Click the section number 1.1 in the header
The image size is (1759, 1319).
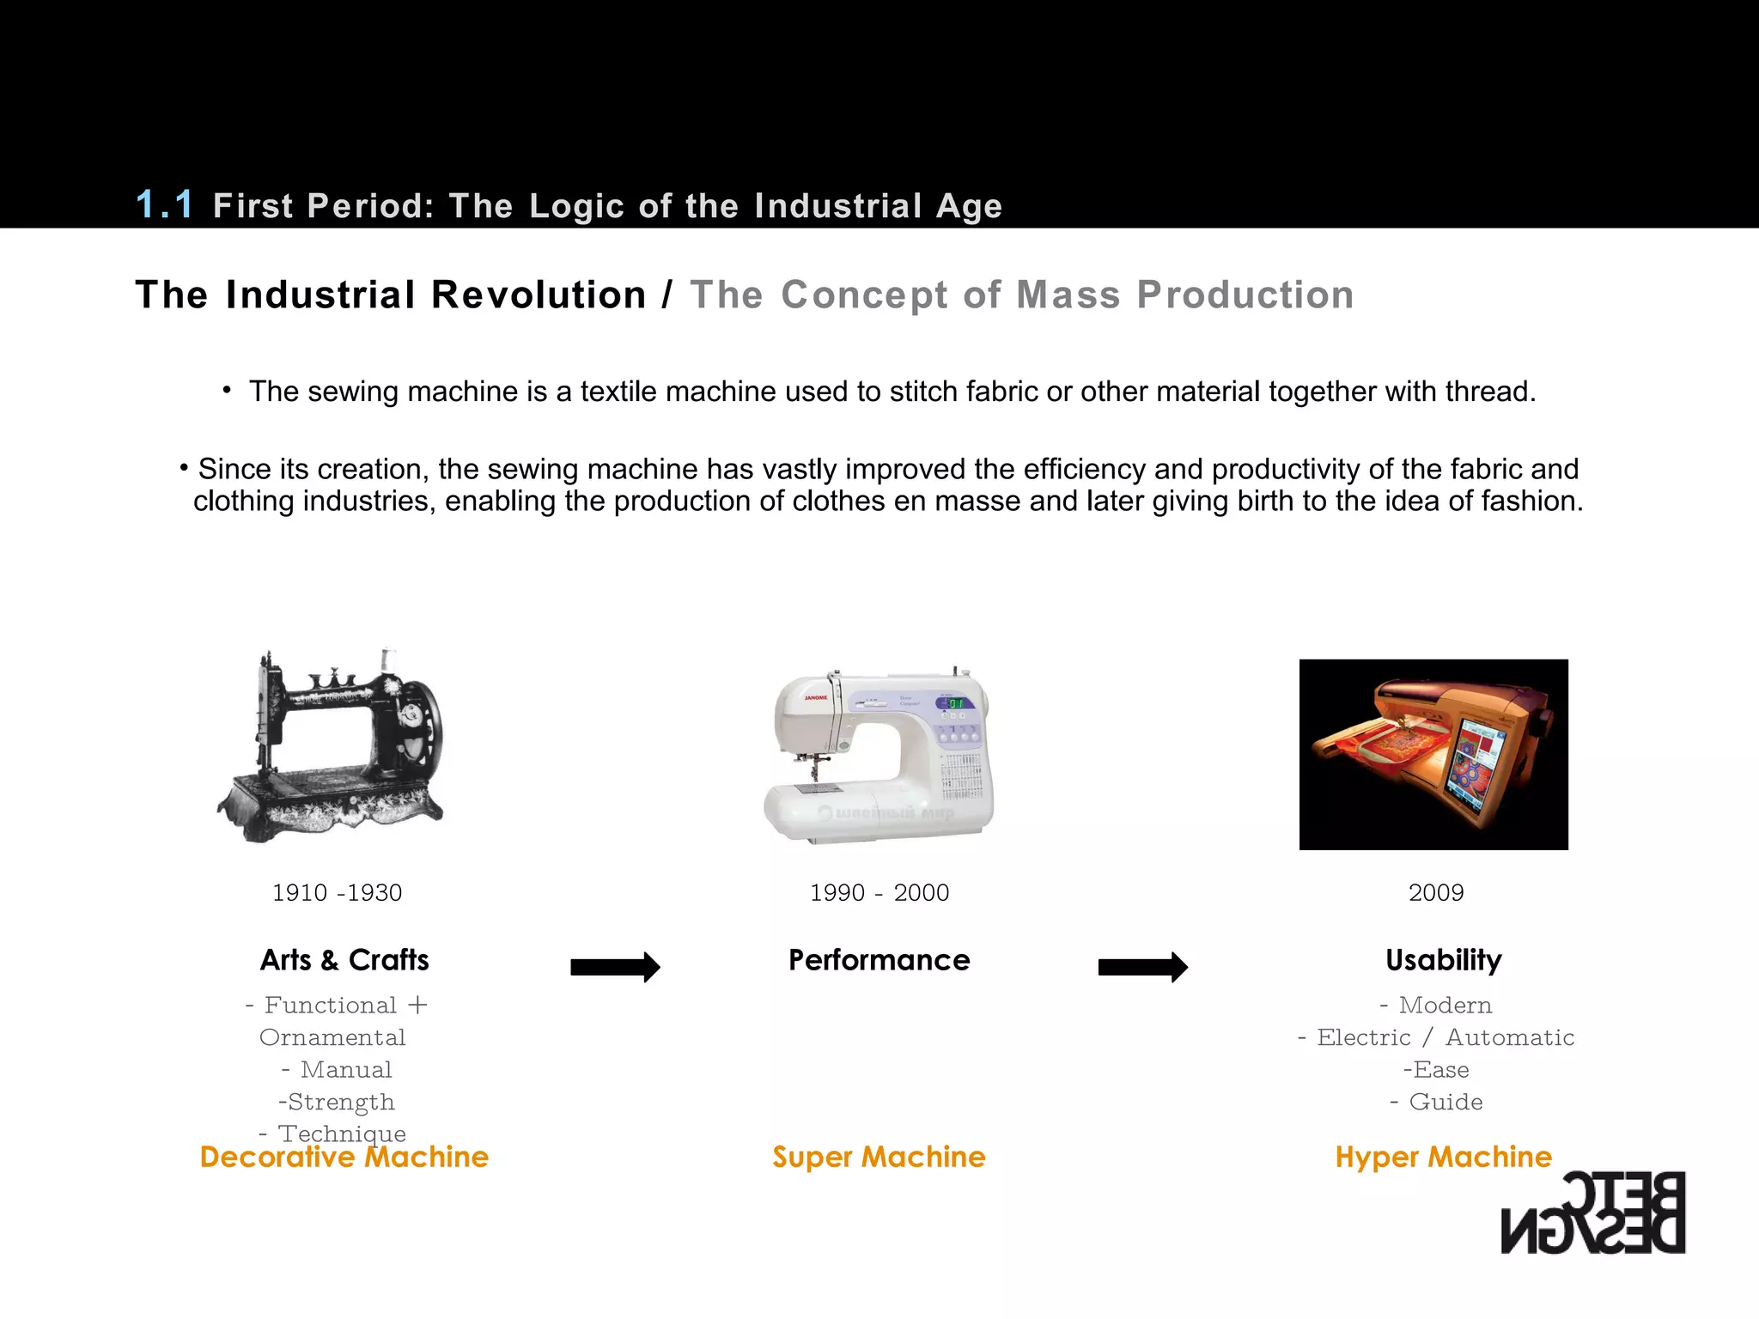click(x=165, y=204)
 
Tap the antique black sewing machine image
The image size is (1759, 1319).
click(x=332, y=745)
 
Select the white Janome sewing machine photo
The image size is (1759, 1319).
click(x=879, y=754)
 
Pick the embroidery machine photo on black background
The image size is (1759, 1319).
click(x=1433, y=754)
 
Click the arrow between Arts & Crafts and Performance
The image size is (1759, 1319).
click(x=615, y=967)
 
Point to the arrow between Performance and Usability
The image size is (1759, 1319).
click(x=1142, y=967)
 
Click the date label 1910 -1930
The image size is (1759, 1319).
click(x=337, y=893)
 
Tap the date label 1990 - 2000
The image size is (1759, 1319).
click(x=879, y=893)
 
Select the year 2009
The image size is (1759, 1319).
click(x=1435, y=893)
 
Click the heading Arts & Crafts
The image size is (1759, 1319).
click(x=344, y=960)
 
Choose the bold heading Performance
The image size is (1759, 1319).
click(x=879, y=960)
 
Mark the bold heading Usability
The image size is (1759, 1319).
click(x=1443, y=960)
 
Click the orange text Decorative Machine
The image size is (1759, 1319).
click(x=344, y=1158)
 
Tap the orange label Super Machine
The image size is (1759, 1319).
click(x=879, y=1158)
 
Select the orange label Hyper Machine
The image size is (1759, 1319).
click(x=1443, y=1158)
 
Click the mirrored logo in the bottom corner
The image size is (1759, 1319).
click(x=1593, y=1213)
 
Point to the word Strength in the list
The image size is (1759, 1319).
click(x=341, y=1102)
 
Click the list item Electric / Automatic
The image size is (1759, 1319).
click(x=1436, y=1037)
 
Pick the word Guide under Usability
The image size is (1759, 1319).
click(x=1446, y=1102)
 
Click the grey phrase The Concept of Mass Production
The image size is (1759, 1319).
click(x=1022, y=295)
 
